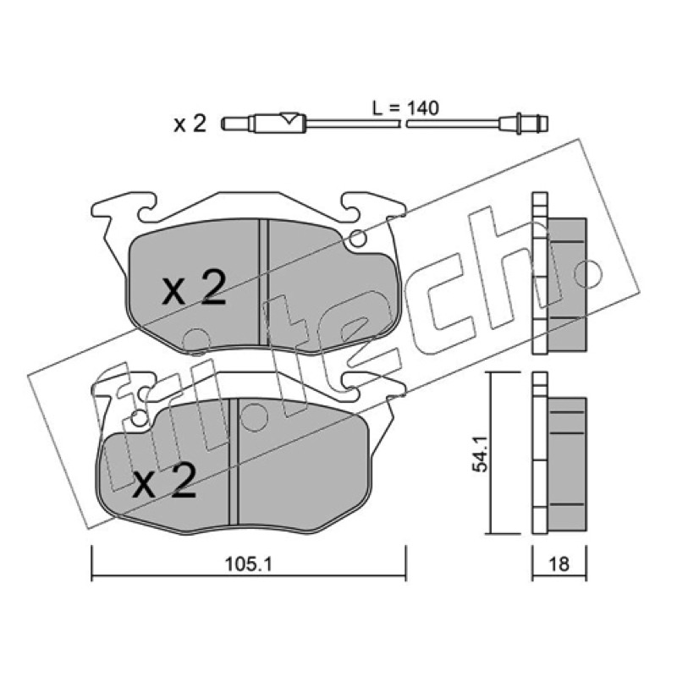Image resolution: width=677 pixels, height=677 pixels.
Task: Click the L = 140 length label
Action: (405, 108)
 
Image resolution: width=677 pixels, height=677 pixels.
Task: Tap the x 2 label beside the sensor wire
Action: (190, 124)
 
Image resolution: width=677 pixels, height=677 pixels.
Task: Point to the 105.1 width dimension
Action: (248, 564)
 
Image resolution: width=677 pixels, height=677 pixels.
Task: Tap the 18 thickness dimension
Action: (559, 564)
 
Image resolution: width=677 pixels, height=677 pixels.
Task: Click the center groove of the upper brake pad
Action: (263, 283)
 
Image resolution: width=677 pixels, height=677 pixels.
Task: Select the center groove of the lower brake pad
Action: (234, 461)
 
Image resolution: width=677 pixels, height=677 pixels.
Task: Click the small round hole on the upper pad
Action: (358, 238)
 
